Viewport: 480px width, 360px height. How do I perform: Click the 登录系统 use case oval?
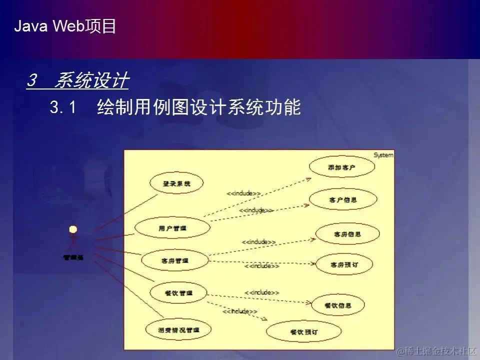pyautogui.click(x=176, y=183)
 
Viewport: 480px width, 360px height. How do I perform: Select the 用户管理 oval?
pyautogui.click(x=172, y=228)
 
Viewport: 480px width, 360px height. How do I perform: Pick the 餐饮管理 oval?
pyautogui.click(x=178, y=293)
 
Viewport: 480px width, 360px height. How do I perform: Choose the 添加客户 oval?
pyautogui.click(x=342, y=167)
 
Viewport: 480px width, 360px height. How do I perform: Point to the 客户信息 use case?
pyautogui.click(x=343, y=199)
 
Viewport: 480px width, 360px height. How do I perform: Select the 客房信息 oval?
pyautogui.click(x=347, y=234)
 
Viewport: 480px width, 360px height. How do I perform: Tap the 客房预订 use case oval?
pyautogui.click(x=344, y=263)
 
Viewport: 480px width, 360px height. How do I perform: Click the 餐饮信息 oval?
pyautogui.click(x=338, y=305)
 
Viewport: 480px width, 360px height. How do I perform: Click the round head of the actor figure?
pyautogui.click(x=73, y=229)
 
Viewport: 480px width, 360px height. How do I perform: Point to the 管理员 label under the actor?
pyautogui.click(x=73, y=258)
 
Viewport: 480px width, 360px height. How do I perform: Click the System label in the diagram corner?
pyautogui.click(x=383, y=155)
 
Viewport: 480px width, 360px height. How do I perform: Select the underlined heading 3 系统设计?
pyautogui.click(x=77, y=80)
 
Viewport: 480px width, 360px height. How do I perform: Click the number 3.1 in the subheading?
pyautogui.click(x=62, y=107)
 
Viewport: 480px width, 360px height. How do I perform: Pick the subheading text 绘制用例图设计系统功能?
pyautogui.click(x=198, y=107)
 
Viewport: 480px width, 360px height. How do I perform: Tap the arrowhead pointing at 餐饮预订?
pyautogui.click(x=265, y=319)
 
